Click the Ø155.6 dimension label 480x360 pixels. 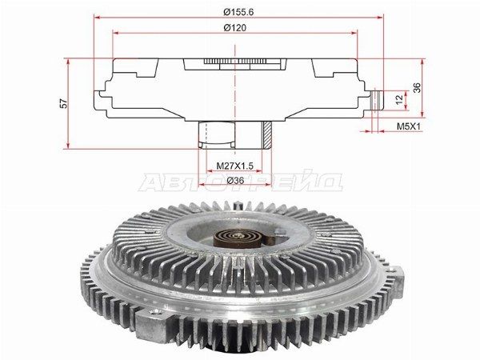pos(238,12)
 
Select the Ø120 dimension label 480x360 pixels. pos(235,28)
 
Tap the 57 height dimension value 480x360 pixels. pos(64,103)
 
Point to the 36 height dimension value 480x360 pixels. pos(417,87)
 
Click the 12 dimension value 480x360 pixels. pos(399,99)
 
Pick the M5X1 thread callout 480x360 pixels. pos(410,126)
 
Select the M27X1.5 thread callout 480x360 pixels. pos(234,166)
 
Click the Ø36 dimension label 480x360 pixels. pos(235,181)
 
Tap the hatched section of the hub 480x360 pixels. pos(266,134)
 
